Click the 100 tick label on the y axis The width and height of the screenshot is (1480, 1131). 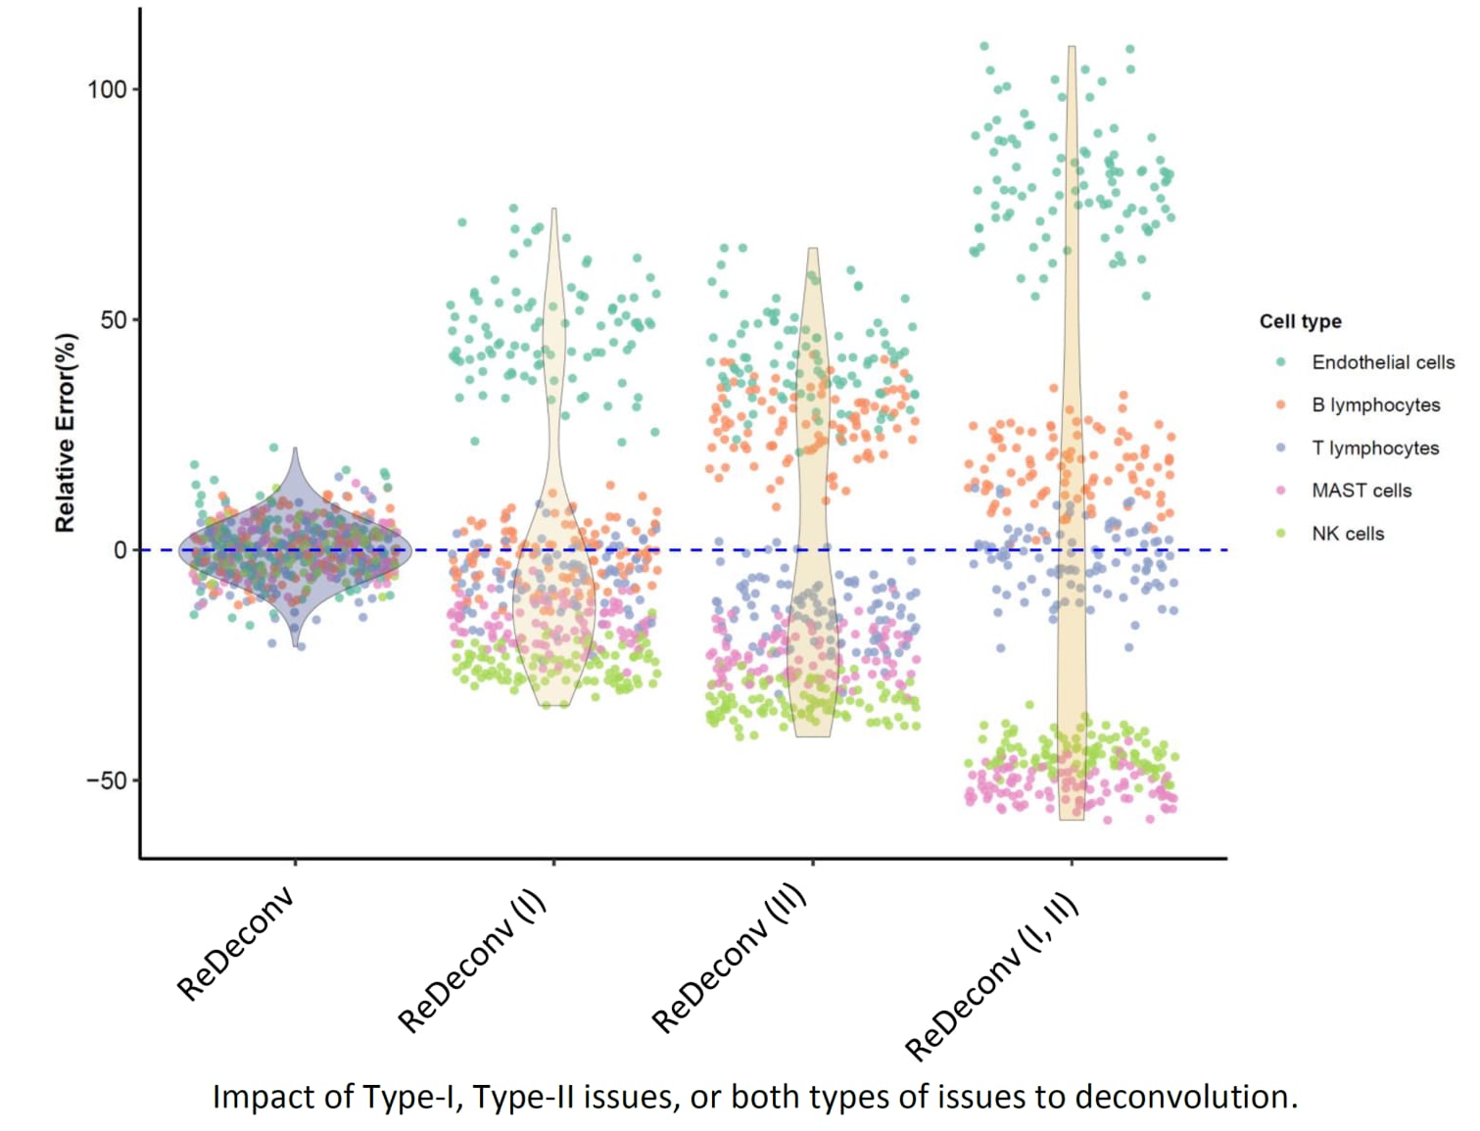point(107,89)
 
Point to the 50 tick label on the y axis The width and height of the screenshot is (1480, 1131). point(115,320)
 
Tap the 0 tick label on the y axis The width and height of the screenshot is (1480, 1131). point(120,550)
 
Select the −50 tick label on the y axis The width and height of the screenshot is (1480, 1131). point(107,780)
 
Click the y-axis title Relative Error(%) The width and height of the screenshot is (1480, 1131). point(65,434)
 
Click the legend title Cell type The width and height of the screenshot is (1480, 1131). point(1300,321)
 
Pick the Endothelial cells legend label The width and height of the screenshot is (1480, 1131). point(1383,362)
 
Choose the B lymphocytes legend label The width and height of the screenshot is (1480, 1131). point(1375,404)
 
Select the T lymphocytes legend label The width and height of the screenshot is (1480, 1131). point(1375,448)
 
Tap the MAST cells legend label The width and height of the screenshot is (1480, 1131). point(1361,491)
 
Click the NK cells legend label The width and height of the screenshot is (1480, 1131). point(1348,534)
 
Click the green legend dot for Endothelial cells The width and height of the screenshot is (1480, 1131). point(1281,362)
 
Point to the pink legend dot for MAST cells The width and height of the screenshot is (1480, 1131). point(1281,491)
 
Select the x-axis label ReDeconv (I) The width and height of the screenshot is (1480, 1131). point(472,962)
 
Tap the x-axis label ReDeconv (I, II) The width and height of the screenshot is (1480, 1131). point(991,976)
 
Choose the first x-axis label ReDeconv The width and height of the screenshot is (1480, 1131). point(235,944)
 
